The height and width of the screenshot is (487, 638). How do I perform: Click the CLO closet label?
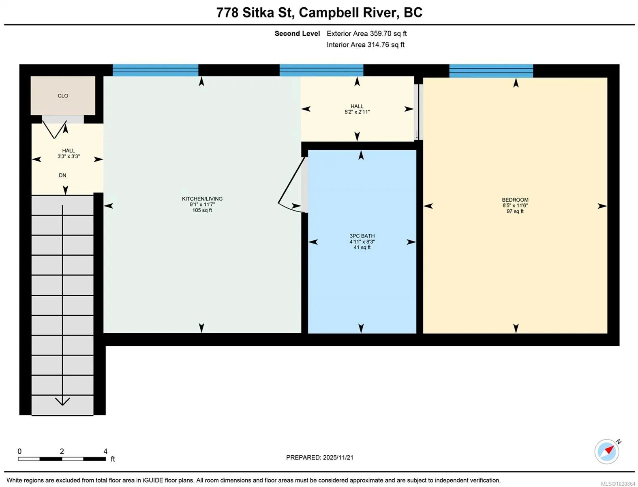[x=63, y=96]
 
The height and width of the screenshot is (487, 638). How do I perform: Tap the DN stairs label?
[x=62, y=175]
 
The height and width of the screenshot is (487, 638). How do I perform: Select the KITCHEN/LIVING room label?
[x=202, y=199]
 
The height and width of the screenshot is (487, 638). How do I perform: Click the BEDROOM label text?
[x=515, y=200]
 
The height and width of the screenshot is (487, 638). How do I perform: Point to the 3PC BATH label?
[x=362, y=236]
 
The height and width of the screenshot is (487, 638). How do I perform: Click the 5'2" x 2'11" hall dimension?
[x=357, y=112]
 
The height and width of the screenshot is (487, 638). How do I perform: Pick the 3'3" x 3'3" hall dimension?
[x=69, y=156]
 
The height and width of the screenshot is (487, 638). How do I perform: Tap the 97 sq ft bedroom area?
[x=515, y=211]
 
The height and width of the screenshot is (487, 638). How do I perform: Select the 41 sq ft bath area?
[x=362, y=247]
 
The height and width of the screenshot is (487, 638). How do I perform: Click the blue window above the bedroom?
[x=491, y=71]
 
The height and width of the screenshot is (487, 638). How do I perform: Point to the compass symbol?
[x=607, y=452]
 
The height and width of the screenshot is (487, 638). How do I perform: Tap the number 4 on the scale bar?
[x=105, y=451]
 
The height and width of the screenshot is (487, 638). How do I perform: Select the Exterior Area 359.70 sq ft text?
[x=366, y=33]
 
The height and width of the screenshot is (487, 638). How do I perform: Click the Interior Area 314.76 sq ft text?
[x=366, y=45]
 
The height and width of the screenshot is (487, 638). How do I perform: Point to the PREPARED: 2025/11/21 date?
[x=320, y=457]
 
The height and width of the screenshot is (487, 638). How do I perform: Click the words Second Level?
[x=297, y=33]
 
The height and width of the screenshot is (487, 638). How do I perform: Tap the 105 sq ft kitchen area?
[x=202, y=210]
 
